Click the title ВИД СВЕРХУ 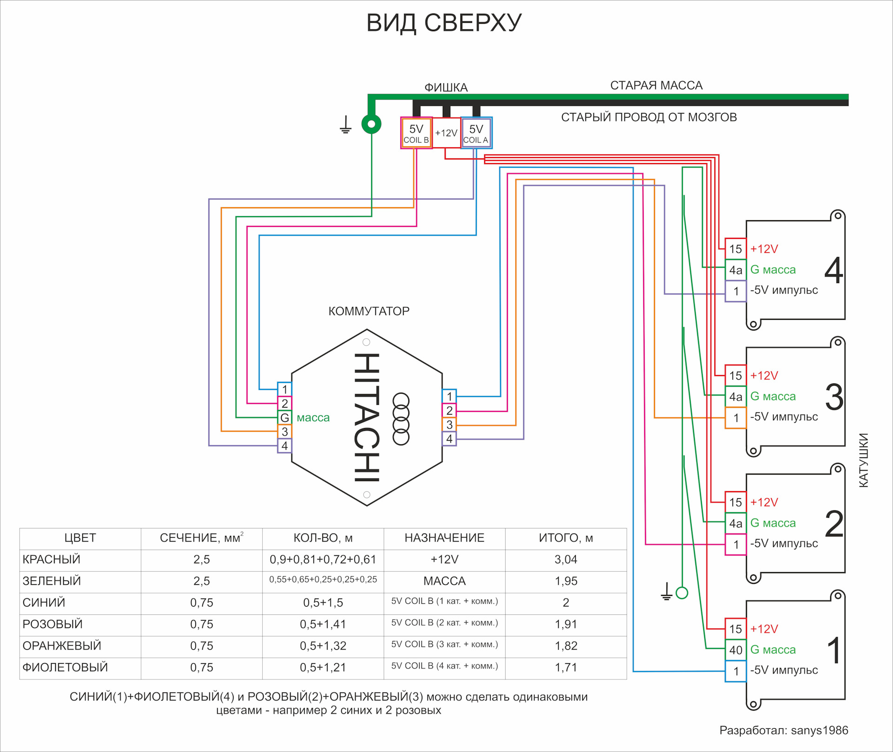[444, 23]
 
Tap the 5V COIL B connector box [416, 133]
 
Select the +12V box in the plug [446, 133]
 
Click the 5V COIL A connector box [476, 133]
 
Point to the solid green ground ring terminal [371, 124]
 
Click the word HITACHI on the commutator [367, 417]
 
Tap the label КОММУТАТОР [369, 311]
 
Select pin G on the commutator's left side [284, 417]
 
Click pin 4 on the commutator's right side [449, 439]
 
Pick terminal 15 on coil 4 [735, 249]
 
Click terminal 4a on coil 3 [735, 397]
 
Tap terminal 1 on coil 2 [735, 544]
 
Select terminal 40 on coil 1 [735, 650]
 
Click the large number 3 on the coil [834, 397]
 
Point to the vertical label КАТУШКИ [863, 460]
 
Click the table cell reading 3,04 [566, 560]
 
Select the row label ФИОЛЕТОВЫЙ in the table [65, 667]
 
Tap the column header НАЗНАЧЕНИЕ [444, 538]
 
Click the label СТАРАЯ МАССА [656, 86]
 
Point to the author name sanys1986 [820, 730]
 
